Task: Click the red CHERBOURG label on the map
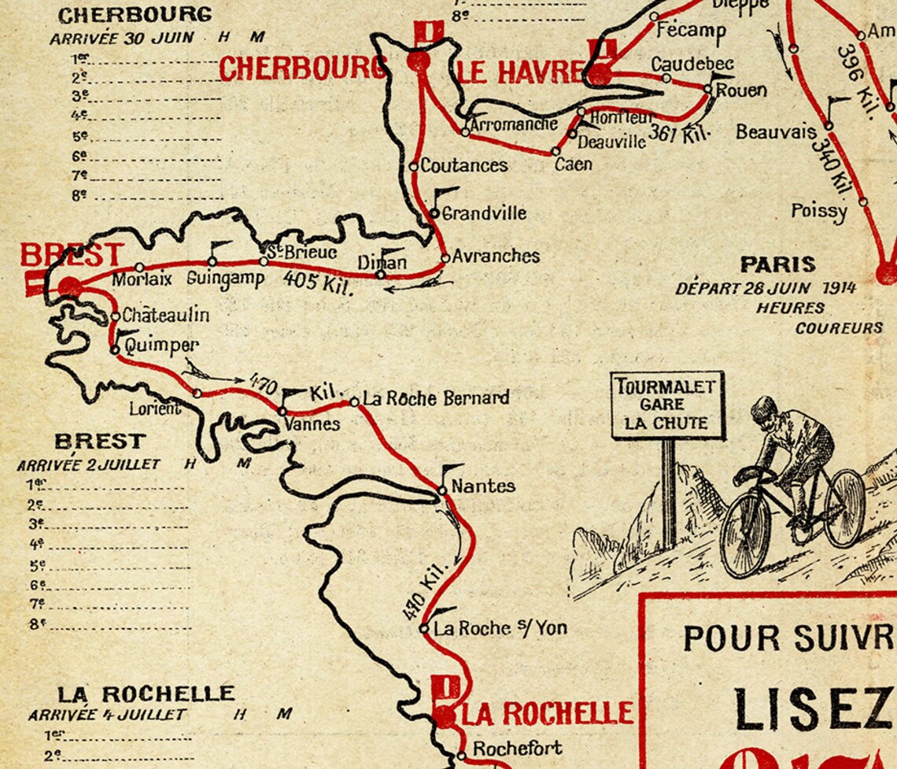pyautogui.click(x=302, y=69)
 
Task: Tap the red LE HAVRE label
pyautogui.click(x=519, y=72)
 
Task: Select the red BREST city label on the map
pyautogui.click(x=72, y=255)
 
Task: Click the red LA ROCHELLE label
pyautogui.click(x=547, y=713)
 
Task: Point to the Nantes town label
pyautogui.click(x=483, y=486)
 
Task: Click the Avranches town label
pyautogui.click(x=496, y=256)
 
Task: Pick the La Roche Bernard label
pyautogui.click(x=435, y=398)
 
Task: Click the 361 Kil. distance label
pyautogui.click(x=679, y=135)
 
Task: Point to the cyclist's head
pyautogui.click(x=763, y=411)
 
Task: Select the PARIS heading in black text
pyautogui.click(x=777, y=264)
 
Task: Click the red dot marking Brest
pyautogui.click(x=69, y=287)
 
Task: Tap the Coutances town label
pyautogui.click(x=463, y=166)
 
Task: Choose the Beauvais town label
pyautogui.click(x=776, y=132)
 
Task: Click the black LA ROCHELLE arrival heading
pyautogui.click(x=146, y=693)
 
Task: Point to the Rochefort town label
pyautogui.click(x=517, y=748)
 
